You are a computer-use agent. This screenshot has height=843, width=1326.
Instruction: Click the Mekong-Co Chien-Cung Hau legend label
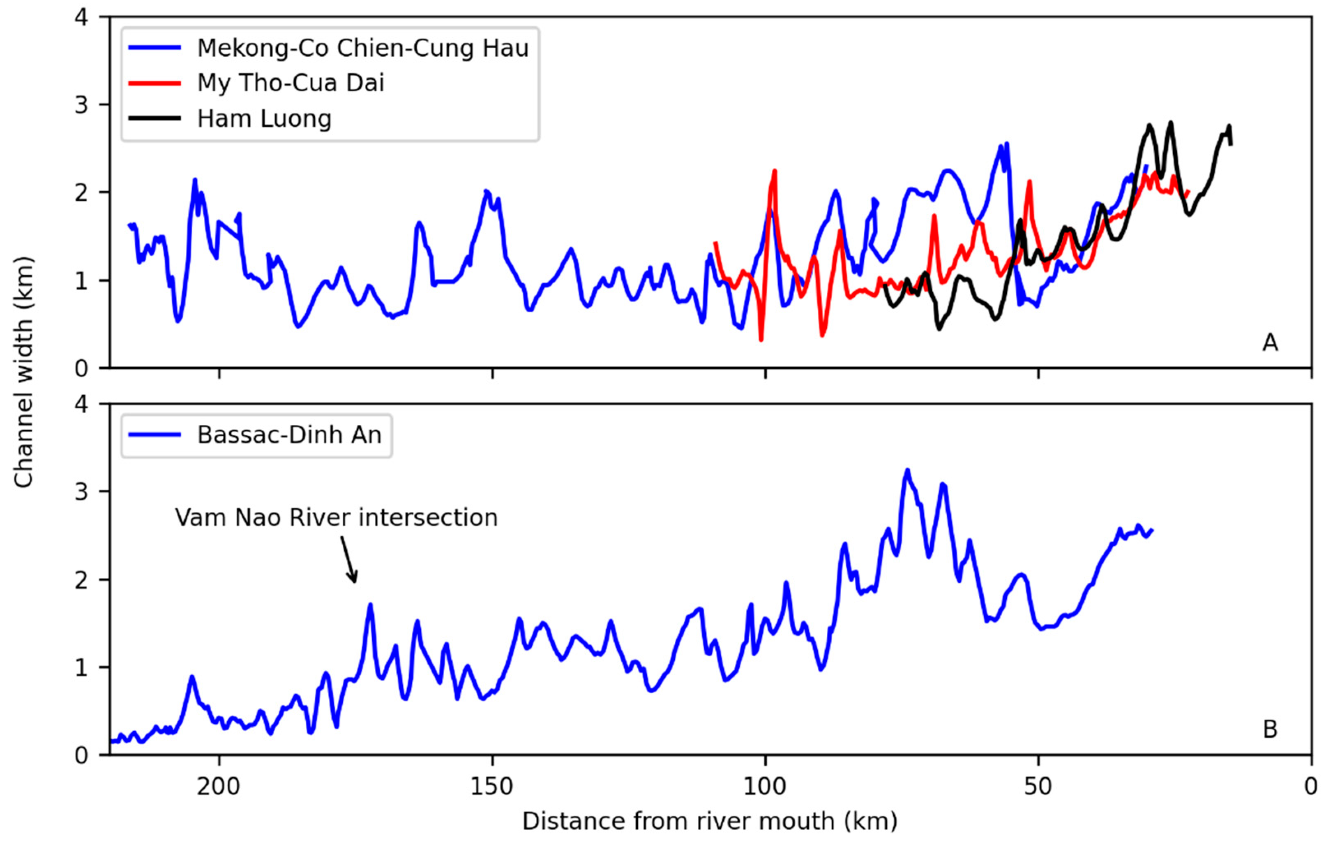click(x=362, y=49)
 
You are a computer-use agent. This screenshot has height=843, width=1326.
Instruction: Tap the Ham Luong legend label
click(x=264, y=119)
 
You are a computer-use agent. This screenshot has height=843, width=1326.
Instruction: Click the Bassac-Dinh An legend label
click(x=289, y=435)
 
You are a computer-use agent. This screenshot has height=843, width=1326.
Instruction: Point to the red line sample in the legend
click(x=155, y=83)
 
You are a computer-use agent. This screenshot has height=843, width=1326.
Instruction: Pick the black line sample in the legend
click(x=155, y=118)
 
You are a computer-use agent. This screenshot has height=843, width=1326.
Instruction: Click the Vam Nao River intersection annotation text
click(x=336, y=518)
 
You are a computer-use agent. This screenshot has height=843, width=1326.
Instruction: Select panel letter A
click(x=1270, y=343)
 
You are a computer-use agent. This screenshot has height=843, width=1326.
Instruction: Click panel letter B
click(x=1270, y=730)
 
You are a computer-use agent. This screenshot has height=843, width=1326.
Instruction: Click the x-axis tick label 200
click(x=219, y=786)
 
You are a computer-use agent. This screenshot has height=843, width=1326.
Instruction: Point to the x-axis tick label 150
click(x=492, y=786)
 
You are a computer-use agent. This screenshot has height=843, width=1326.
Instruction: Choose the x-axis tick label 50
click(x=1038, y=786)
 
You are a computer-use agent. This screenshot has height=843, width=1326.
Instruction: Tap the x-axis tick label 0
click(x=1310, y=786)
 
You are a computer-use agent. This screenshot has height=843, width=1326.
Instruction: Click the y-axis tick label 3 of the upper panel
click(x=81, y=105)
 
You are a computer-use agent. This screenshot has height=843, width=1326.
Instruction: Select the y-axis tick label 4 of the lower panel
click(x=81, y=405)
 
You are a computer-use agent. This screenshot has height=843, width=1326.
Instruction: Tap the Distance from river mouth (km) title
click(x=709, y=822)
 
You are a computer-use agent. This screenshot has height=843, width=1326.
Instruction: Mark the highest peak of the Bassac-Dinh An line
click(x=907, y=470)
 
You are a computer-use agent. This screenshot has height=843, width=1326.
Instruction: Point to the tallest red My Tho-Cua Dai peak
click(x=774, y=171)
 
